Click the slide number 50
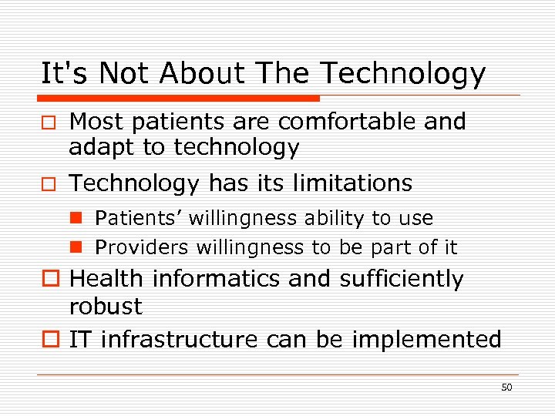pyautogui.click(x=506, y=387)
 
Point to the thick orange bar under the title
pyautogui.click(x=180, y=99)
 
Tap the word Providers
pyautogui.click(x=143, y=247)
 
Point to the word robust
pyautogui.click(x=106, y=307)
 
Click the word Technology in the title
pyautogui.click(x=402, y=75)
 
